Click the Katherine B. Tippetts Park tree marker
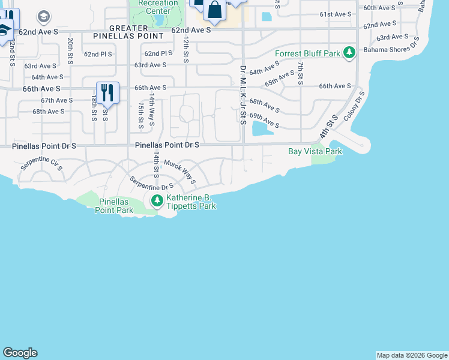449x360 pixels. [x=157, y=200]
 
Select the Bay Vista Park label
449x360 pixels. [x=315, y=152]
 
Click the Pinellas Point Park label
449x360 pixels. [x=114, y=206]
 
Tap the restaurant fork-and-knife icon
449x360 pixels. [x=107, y=92]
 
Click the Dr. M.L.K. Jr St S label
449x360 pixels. [x=243, y=94]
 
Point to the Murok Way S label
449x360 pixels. [x=180, y=172]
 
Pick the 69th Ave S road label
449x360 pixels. [x=264, y=120]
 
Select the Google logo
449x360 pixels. [x=20, y=353]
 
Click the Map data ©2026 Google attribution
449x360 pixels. [x=411, y=355]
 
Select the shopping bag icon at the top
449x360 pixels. [x=214, y=10]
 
